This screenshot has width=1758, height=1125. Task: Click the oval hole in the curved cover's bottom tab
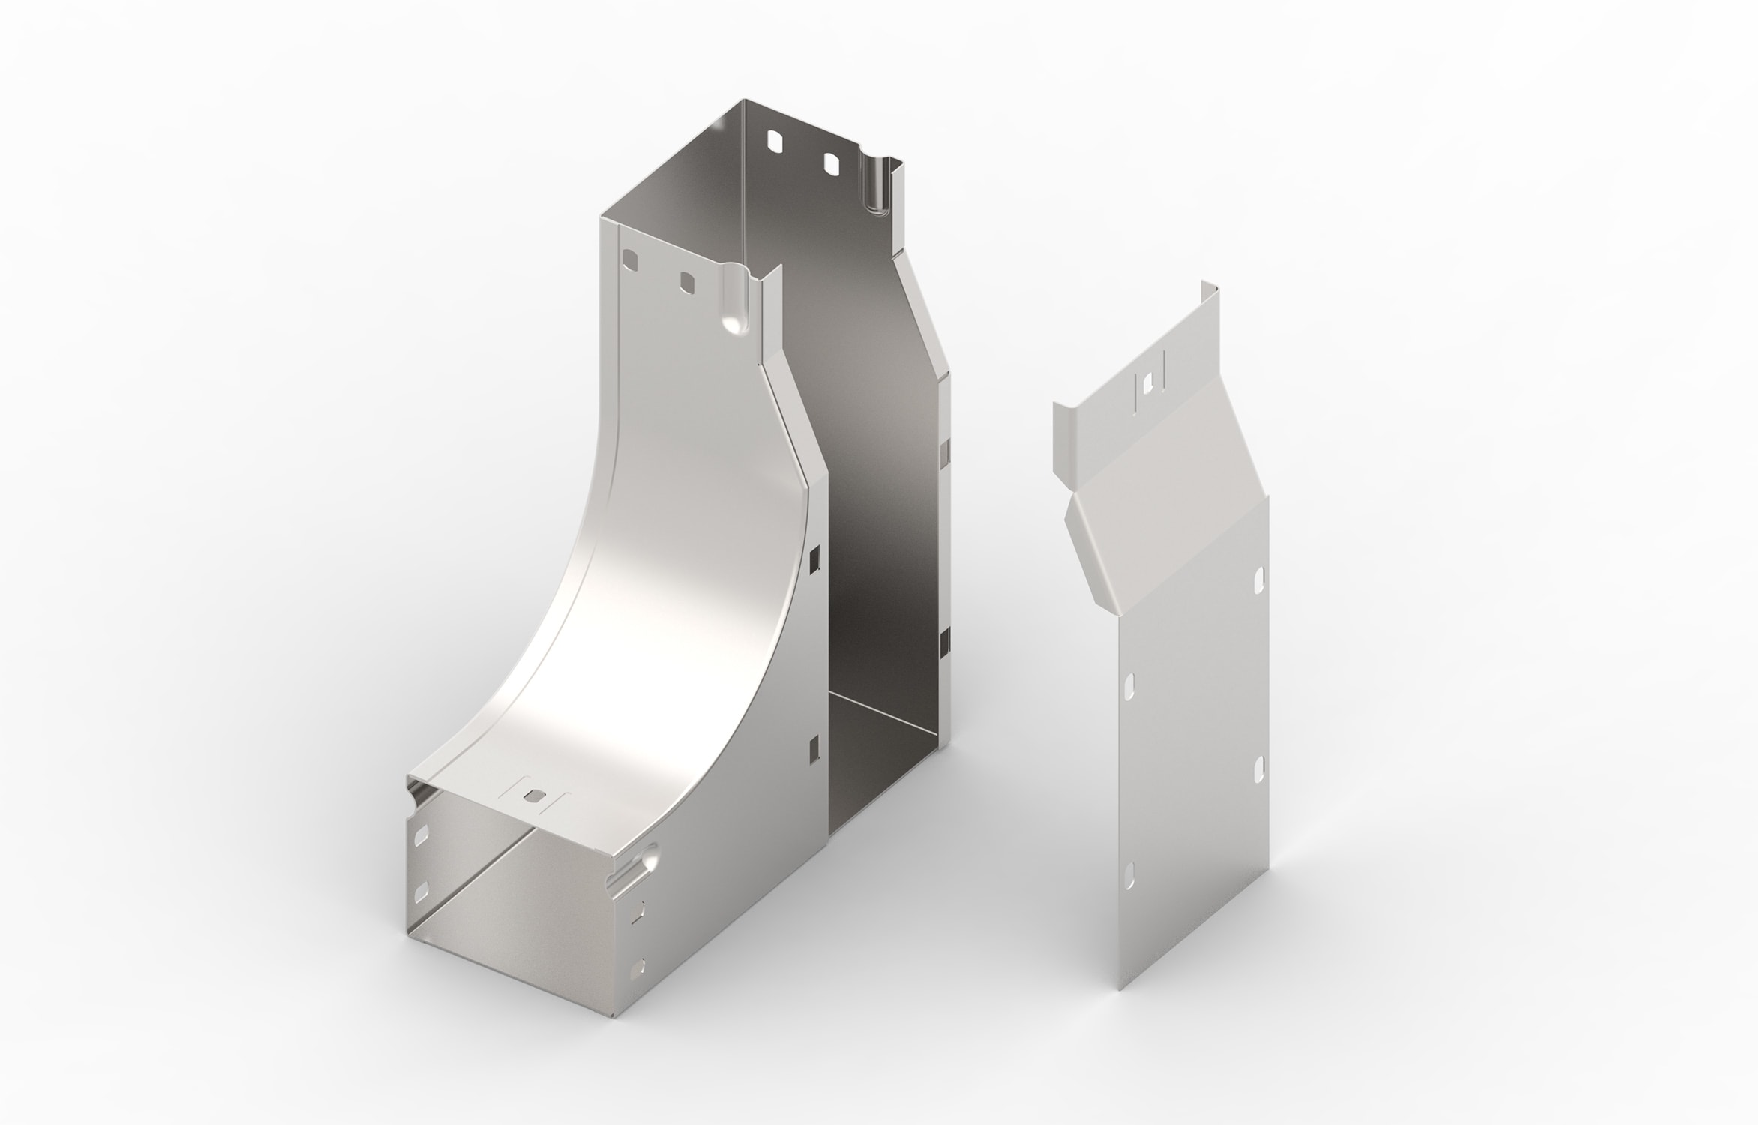tap(532, 796)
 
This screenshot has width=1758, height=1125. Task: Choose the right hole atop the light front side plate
tap(685, 282)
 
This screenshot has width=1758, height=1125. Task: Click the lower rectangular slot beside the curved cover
tap(814, 750)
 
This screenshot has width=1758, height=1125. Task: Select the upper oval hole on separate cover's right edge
tap(1259, 578)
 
